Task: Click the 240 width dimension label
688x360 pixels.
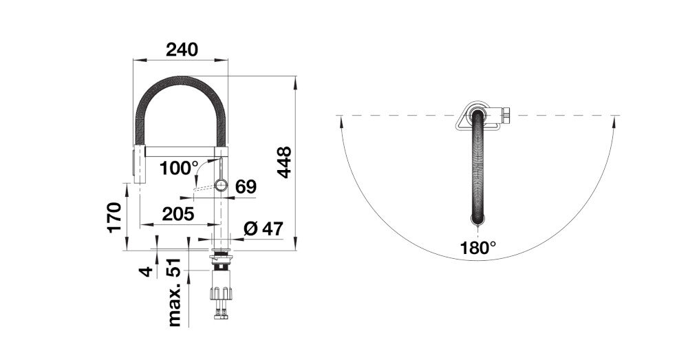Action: click(182, 50)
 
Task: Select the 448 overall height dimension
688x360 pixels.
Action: click(285, 162)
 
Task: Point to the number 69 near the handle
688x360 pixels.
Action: click(246, 186)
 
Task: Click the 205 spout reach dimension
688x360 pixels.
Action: click(177, 213)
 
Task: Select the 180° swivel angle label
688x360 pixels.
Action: click(478, 247)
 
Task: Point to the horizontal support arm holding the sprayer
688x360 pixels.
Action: click(180, 147)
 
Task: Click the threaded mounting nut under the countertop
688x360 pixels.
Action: click(221, 262)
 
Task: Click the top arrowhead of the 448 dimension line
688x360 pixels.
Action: click(294, 81)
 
